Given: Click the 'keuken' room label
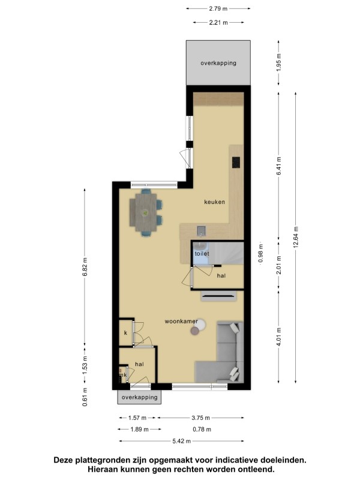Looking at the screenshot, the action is click(214, 202).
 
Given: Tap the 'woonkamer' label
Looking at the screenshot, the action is click(181, 322).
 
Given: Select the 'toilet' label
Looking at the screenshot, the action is click(202, 253).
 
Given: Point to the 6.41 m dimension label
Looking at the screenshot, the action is click(278, 166).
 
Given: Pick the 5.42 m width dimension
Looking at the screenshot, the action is click(182, 441).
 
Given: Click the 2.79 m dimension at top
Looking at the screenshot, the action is click(218, 8).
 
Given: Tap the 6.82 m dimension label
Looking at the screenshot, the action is click(85, 266).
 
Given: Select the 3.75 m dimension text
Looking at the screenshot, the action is click(201, 418).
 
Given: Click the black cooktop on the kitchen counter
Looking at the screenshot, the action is click(236, 162).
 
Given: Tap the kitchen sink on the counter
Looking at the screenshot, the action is click(201, 230).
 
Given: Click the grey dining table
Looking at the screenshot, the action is click(146, 212).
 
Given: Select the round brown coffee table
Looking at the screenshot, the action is click(194, 331).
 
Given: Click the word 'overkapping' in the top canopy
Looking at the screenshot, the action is click(218, 63).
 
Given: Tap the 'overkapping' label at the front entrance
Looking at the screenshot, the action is click(139, 397).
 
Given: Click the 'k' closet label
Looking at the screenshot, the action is click(125, 333).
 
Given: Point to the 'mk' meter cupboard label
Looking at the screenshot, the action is click(123, 375).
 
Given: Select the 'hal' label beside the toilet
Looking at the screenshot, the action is click(221, 276).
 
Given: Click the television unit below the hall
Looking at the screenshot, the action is click(218, 296).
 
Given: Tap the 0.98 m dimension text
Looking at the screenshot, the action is click(260, 253).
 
